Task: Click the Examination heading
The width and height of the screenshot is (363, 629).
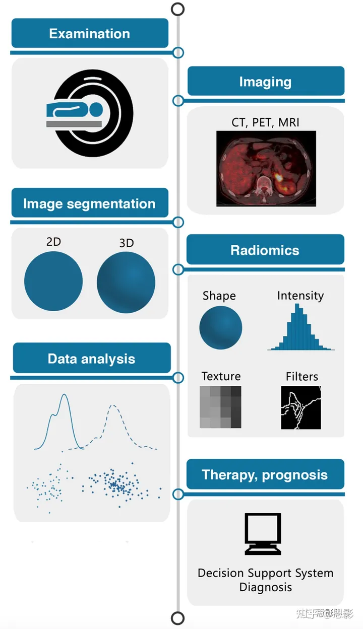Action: tap(89, 34)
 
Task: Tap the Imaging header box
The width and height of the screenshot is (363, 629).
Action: tap(265, 82)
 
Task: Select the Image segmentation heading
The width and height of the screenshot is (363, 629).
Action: tap(89, 203)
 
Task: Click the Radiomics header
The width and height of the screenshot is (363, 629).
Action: tap(265, 250)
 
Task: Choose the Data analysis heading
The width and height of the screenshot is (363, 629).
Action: tap(91, 359)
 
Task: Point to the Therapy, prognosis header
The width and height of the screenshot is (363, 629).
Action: tap(265, 474)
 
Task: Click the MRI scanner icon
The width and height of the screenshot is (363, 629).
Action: tap(89, 113)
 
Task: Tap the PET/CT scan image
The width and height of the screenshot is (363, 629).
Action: tap(266, 168)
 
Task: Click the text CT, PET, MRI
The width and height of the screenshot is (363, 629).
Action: tap(265, 122)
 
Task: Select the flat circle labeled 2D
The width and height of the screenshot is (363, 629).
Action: tap(53, 281)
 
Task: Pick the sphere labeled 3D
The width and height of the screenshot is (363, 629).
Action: tap(126, 283)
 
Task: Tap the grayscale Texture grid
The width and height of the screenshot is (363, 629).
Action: tap(220, 407)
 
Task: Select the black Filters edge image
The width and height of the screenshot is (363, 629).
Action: tap(301, 407)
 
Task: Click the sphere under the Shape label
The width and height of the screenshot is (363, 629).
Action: tap(220, 328)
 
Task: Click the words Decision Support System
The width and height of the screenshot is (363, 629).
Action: tap(265, 573)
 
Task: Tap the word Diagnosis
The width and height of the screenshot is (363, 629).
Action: tap(265, 587)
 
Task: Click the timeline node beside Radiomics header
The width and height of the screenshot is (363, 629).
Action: tap(177, 269)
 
